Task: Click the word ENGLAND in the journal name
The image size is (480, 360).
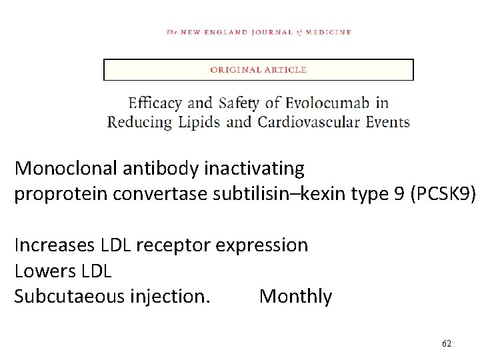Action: coord(225,32)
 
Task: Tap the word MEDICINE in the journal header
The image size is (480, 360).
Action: coord(329,32)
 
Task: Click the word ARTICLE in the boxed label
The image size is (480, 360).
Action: coord(285,69)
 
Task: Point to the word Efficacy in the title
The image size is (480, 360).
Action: coord(155,103)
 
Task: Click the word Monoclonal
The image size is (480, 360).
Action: coord(66,168)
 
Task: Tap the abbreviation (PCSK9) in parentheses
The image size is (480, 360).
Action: coord(443,194)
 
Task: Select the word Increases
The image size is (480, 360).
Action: coord(55,245)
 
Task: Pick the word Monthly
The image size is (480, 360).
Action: coord(295,296)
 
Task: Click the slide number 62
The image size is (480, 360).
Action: coord(447,343)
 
